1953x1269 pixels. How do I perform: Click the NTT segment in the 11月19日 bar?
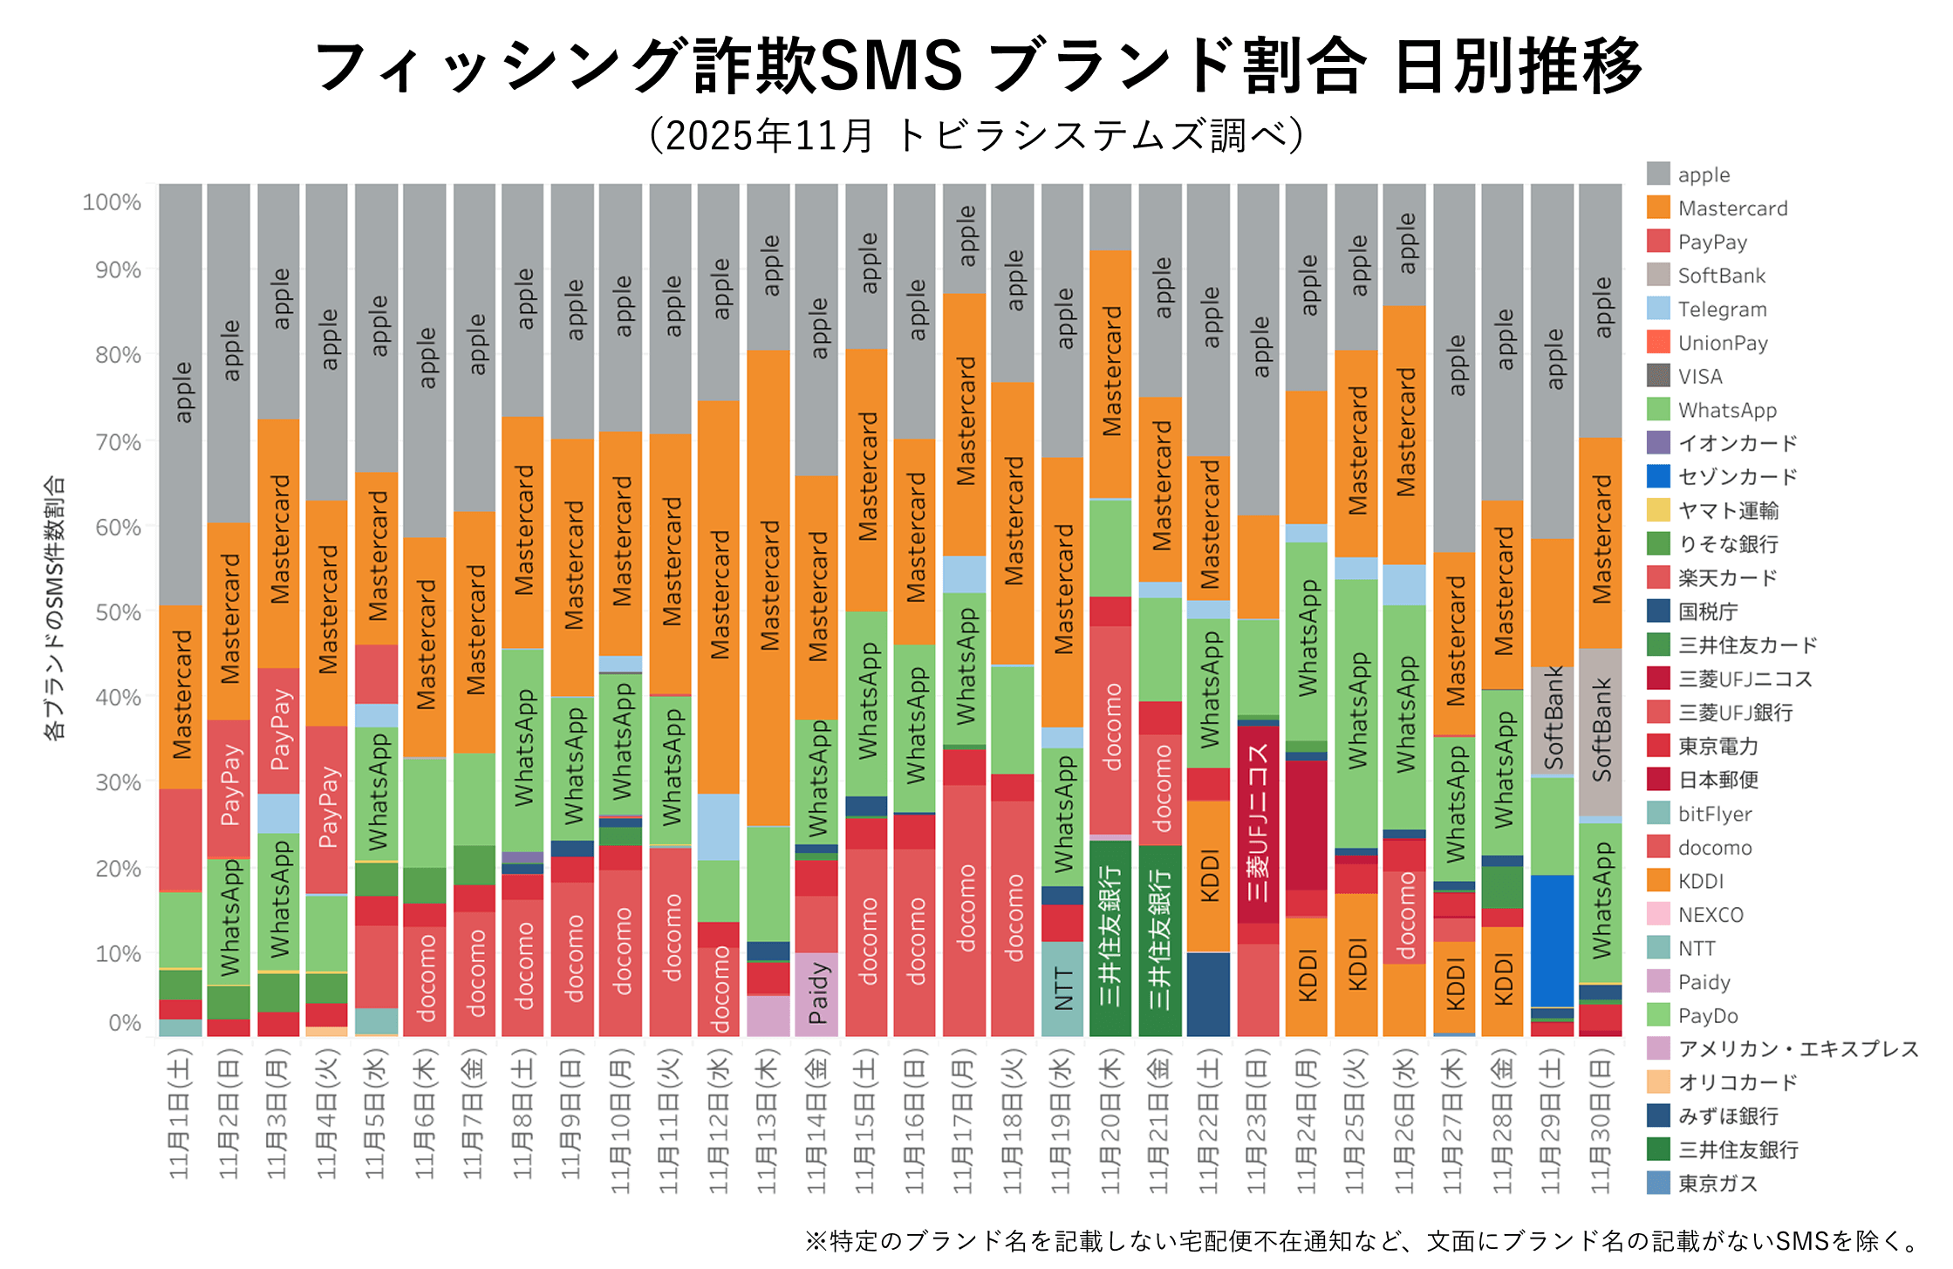click(1062, 988)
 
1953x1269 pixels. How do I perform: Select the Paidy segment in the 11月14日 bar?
click(816, 994)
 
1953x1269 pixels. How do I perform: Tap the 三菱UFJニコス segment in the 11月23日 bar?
click(1258, 824)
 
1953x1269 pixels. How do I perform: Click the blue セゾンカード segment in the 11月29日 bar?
click(1552, 940)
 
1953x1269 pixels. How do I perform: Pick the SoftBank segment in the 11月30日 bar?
click(1601, 731)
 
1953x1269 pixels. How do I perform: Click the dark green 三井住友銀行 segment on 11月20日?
click(1110, 938)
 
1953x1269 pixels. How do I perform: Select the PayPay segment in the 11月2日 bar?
click(229, 788)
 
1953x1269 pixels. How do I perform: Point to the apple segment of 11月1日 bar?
click(181, 392)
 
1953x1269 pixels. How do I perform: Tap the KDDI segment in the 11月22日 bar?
click(1208, 876)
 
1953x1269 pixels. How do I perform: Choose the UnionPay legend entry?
click(1721, 343)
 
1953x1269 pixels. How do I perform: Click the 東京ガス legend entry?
click(1716, 1184)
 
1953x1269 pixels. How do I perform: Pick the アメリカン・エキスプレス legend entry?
click(1797, 1048)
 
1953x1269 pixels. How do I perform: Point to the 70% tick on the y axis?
click(118, 442)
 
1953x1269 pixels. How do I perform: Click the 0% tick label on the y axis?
click(125, 1022)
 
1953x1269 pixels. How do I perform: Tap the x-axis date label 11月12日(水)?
click(718, 1120)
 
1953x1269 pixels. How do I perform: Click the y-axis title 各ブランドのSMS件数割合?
click(54, 608)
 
